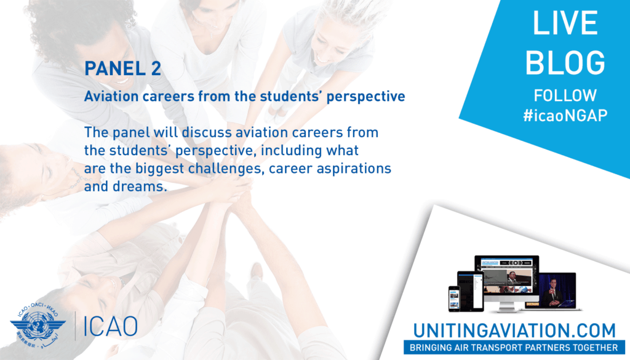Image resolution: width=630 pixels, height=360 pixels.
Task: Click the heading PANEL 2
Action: click(x=122, y=68)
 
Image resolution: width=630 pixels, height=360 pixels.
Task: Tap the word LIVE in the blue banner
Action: click(x=565, y=23)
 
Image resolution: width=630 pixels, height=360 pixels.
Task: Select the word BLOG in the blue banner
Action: click(x=565, y=62)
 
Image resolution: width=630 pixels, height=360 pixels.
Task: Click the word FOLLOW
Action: click(x=565, y=95)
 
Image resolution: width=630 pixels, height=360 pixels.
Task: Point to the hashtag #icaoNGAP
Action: click(x=565, y=115)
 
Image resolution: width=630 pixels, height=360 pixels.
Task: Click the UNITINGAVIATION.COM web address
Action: click(x=514, y=330)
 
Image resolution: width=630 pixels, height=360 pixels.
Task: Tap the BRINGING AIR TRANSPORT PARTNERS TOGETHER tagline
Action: click(x=514, y=348)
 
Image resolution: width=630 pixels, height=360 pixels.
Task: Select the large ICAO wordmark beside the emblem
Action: click(x=111, y=326)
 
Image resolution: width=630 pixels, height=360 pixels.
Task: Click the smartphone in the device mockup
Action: click(x=454, y=298)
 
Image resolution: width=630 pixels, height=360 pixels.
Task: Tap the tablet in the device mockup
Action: click(x=471, y=291)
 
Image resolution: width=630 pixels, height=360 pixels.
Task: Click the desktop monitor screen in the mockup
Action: click(x=507, y=276)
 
